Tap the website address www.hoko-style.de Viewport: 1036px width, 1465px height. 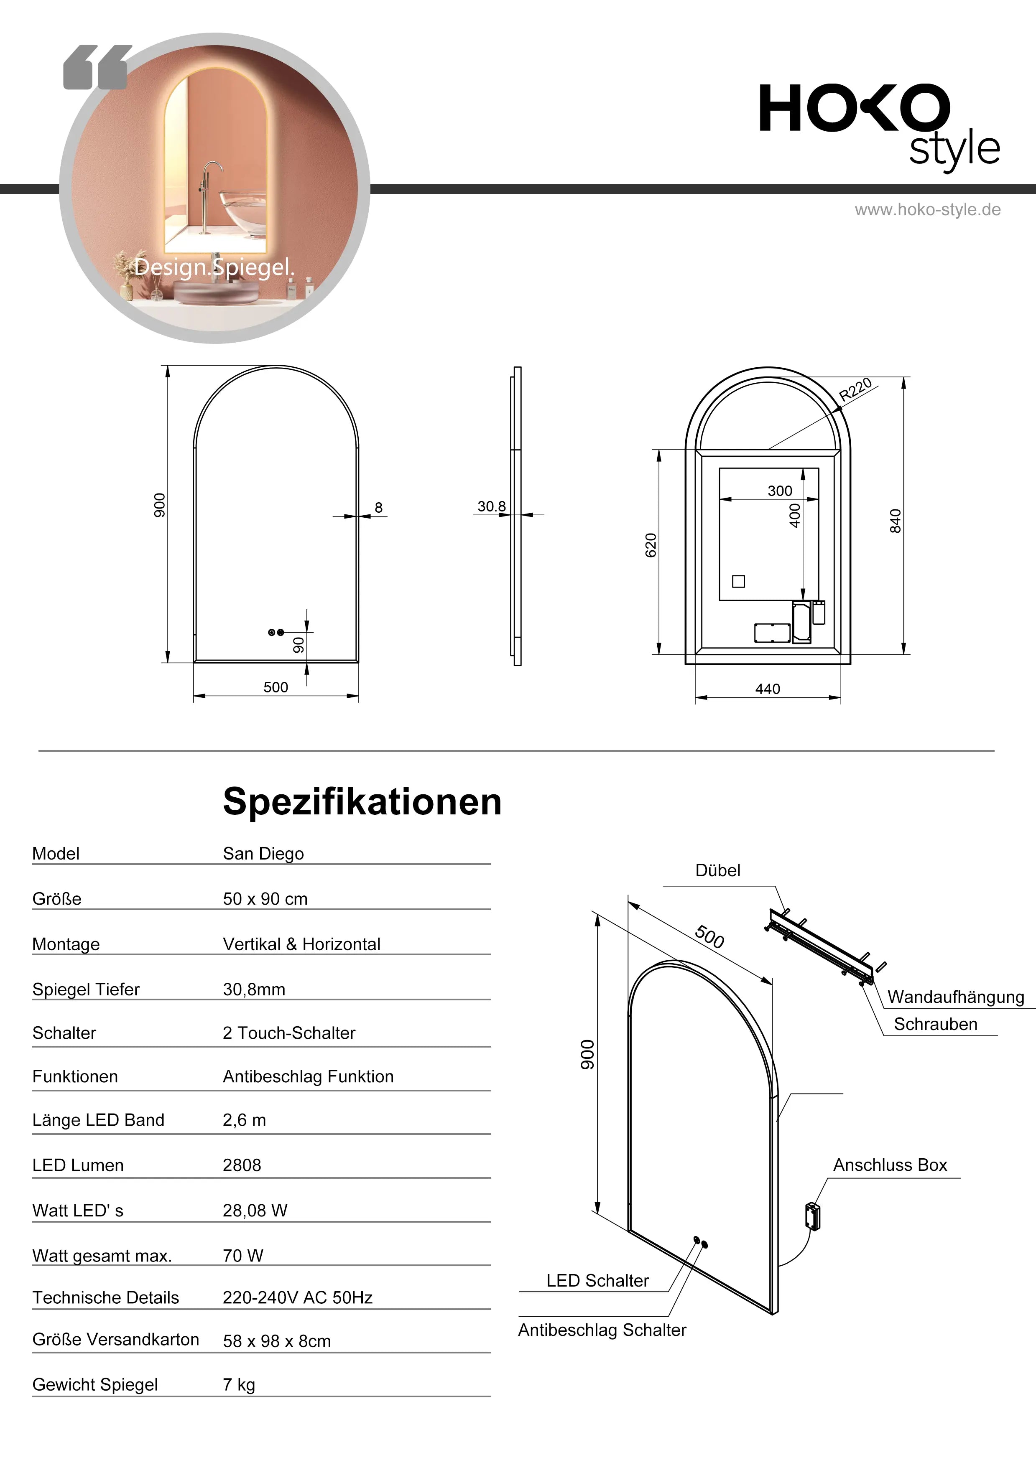click(x=927, y=210)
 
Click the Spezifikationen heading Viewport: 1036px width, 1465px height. click(x=362, y=801)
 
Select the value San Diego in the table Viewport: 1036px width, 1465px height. click(x=263, y=854)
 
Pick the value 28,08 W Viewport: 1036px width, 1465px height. click(x=255, y=1211)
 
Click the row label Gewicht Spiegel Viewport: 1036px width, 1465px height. click(x=95, y=1385)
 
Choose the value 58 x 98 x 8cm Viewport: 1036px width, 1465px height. click(x=276, y=1341)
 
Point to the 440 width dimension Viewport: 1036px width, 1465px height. click(x=767, y=689)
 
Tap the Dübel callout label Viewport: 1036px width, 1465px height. click(x=717, y=870)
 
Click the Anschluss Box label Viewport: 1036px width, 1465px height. click(x=890, y=1165)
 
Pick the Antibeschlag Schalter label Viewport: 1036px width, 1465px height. click(x=602, y=1330)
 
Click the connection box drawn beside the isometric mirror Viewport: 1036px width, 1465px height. click(x=813, y=1216)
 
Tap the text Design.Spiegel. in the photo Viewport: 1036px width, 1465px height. click(x=214, y=267)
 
